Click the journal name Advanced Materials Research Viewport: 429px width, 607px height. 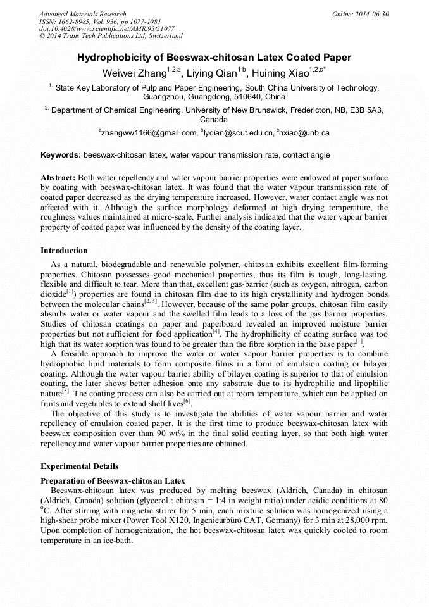[x=82, y=14]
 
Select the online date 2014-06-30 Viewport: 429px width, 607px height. [x=371, y=14]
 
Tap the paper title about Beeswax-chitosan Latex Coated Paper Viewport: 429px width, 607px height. [x=214, y=58]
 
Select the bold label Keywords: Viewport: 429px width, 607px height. [x=61, y=154]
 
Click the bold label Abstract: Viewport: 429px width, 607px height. [x=58, y=178]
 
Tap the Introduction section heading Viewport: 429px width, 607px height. [x=64, y=251]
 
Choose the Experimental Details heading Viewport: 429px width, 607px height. [x=79, y=466]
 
